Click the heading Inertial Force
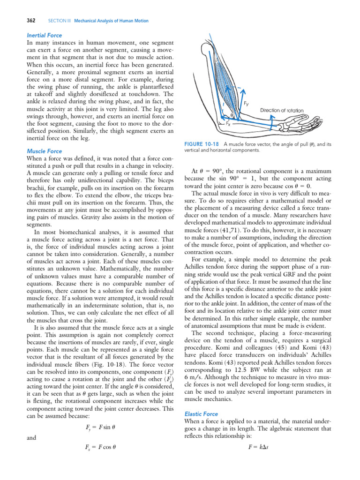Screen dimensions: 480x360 click(45, 35)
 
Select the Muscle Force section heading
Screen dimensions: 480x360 click(45, 151)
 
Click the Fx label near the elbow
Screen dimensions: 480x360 click(228, 124)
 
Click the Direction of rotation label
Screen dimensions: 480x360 click(282, 110)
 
